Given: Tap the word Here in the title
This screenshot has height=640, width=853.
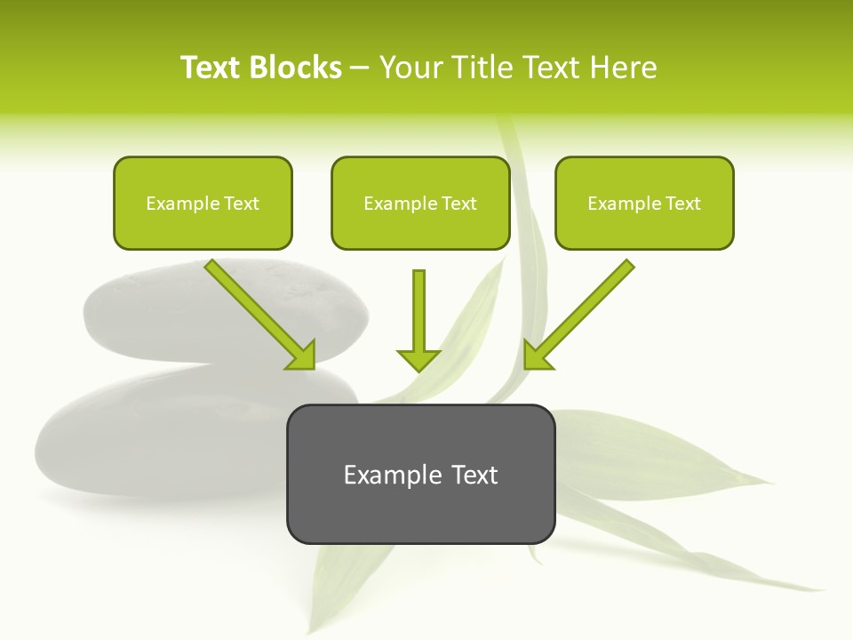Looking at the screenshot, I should coord(621,67).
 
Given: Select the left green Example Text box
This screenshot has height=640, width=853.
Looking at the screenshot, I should coord(203,203).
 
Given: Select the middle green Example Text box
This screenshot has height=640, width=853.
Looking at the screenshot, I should coord(420,203).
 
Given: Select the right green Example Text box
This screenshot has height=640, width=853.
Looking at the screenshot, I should coord(644,203).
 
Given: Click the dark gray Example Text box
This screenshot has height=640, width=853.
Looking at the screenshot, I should coord(420,474).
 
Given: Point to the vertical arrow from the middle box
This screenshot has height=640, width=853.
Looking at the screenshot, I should coord(419,311).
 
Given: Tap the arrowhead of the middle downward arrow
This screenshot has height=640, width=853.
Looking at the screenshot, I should coord(419,360).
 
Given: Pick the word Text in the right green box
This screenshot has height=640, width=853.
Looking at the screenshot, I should coord(682,203).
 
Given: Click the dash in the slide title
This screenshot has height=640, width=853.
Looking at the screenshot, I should coord(360,68).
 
